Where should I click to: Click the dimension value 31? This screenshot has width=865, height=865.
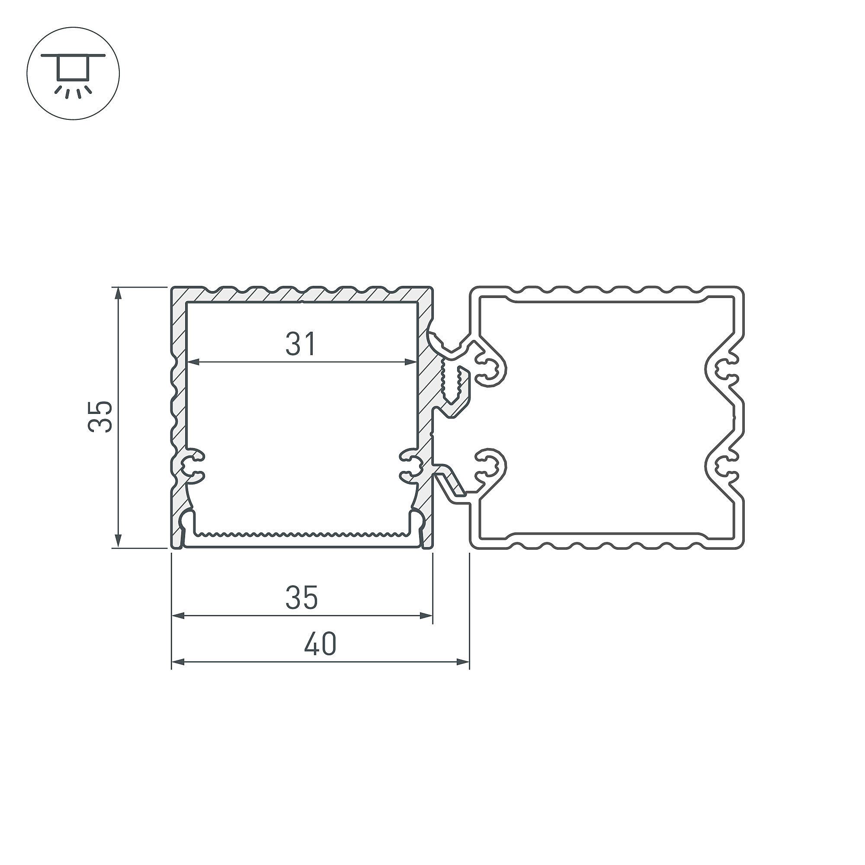[x=301, y=343]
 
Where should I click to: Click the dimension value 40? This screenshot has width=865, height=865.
[x=320, y=644]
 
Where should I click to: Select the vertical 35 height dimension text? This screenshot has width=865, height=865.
[x=100, y=416]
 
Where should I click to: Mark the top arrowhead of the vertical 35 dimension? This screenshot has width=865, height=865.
[x=118, y=294]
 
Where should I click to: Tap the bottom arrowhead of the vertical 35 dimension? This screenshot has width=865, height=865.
[x=118, y=541]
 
